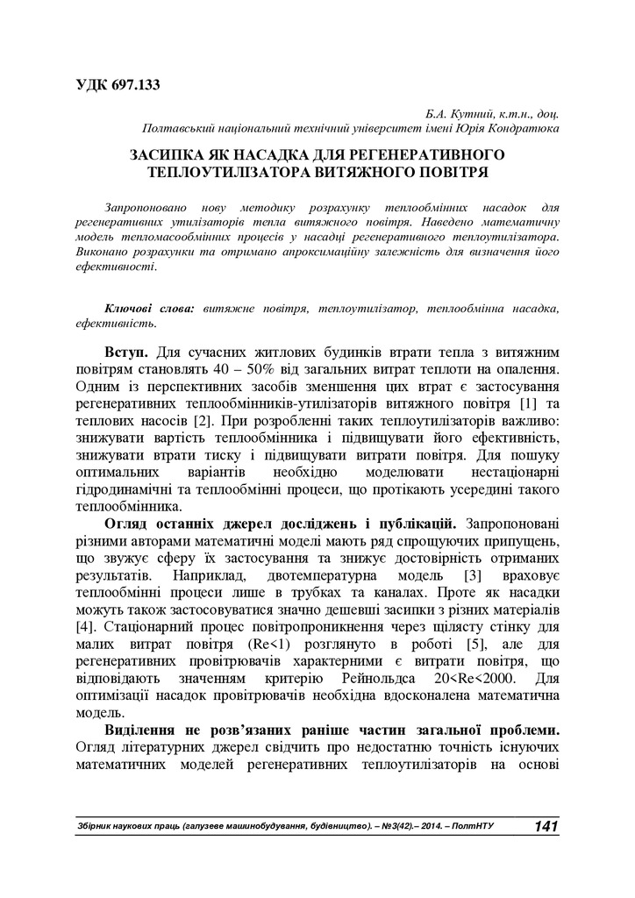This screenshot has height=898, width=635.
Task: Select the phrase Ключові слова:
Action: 151,309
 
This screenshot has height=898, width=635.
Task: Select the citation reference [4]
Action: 85,630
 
